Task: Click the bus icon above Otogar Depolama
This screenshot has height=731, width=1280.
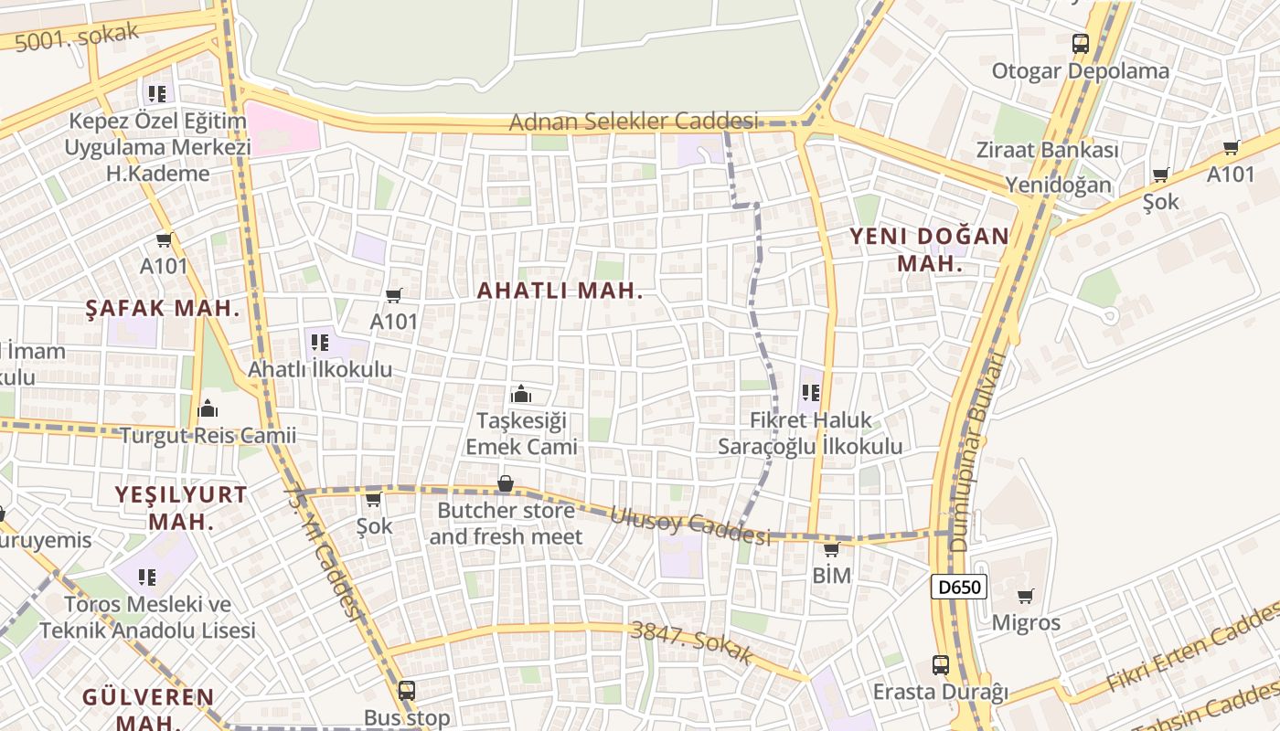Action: coord(1081,43)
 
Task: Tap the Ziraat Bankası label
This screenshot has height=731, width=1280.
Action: coord(1047,151)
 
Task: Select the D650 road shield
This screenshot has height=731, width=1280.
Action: coord(959,587)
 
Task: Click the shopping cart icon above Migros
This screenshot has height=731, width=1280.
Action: coord(1026,597)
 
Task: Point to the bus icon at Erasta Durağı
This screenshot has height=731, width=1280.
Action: coord(941,664)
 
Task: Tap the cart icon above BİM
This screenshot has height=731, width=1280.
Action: coord(831,549)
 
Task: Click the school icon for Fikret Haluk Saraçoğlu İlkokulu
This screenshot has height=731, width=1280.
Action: coord(810,393)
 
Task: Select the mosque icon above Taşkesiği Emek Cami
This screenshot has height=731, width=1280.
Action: coord(521,394)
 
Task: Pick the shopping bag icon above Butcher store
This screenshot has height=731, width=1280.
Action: coord(505,483)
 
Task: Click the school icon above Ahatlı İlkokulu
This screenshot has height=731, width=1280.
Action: coord(319,343)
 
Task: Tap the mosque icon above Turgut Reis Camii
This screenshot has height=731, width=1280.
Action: coord(208,408)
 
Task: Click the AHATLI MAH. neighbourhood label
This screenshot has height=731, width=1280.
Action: coord(560,291)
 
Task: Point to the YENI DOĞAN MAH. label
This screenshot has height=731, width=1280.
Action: coord(930,249)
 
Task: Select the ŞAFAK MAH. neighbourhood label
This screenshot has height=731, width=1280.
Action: coord(162,308)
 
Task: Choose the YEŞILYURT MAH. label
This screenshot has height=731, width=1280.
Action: coord(181,508)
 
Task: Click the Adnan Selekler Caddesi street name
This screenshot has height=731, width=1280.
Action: coord(634,122)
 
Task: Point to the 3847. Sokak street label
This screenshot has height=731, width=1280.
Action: coord(692,641)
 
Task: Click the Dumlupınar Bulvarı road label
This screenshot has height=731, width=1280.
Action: coord(981,452)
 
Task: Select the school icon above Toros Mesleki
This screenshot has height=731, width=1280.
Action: coord(146,577)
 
